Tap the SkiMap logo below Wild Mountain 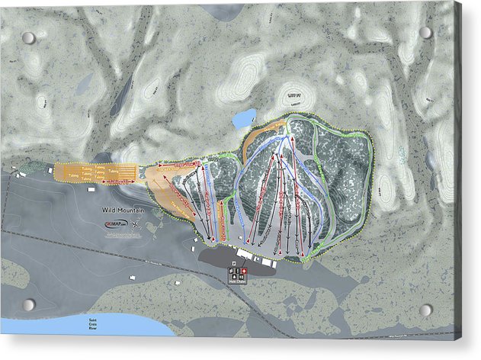click(x=112, y=223)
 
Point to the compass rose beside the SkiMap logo click(x=135, y=224)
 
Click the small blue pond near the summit click(x=244, y=118)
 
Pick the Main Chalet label click(x=237, y=281)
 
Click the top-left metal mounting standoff click(x=28, y=37)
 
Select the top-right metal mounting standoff click(x=425, y=33)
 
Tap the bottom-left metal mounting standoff click(x=28, y=305)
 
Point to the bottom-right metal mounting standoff click(x=425, y=310)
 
